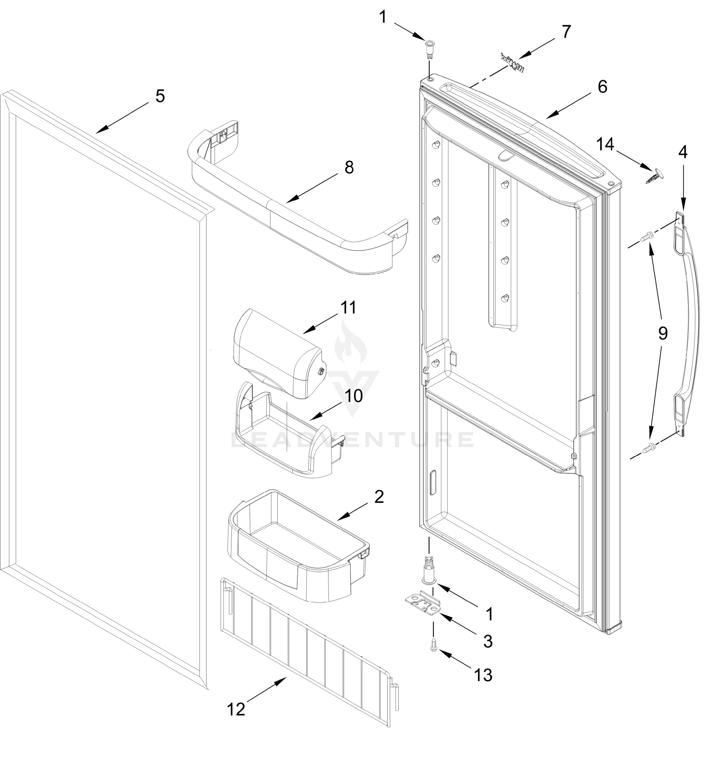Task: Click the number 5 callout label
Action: point(160,96)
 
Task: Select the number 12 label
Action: point(236,710)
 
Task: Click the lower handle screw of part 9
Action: point(648,447)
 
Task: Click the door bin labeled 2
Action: point(298,545)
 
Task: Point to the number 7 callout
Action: point(566,32)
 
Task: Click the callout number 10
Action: point(354,396)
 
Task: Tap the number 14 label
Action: point(605,145)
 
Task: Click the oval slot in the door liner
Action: point(433,483)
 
